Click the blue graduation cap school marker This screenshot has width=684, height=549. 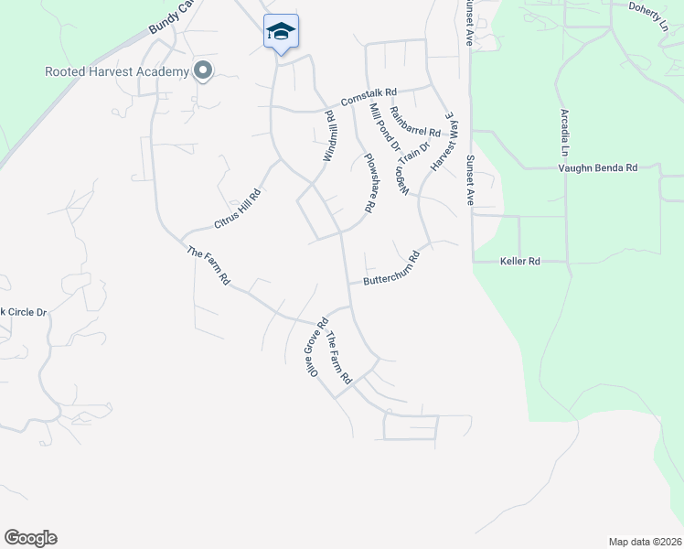281,33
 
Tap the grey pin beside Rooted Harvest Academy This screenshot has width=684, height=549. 203,70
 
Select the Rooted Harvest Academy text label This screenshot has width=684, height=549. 117,71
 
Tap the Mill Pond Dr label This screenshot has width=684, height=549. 384,127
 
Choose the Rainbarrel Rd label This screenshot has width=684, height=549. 415,123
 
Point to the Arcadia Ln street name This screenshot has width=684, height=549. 565,134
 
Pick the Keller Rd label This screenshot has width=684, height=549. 520,262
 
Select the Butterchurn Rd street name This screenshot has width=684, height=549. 391,269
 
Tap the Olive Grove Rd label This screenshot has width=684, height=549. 316,349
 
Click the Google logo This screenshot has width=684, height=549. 30,538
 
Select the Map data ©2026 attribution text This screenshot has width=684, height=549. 646,542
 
